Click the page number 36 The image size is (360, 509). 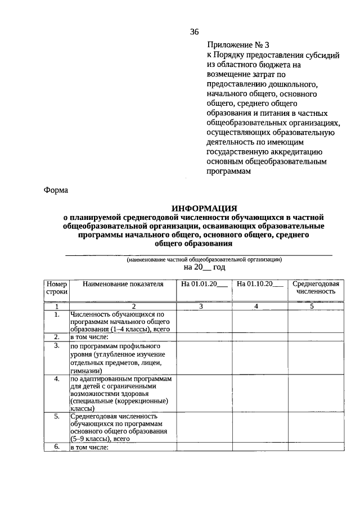(x=194, y=31)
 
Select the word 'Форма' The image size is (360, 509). (x=56, y=190)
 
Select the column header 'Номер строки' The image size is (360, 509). (x=56, y=288)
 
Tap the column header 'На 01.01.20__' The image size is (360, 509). (x=204, y=285)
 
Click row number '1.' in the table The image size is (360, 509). (x=56, y=314)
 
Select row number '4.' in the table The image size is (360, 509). (x=56, y=379)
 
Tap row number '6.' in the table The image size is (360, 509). (x=56, y=447)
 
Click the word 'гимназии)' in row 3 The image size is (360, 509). (x=86, y=371)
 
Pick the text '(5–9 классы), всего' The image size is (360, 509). (x=101, y=439)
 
